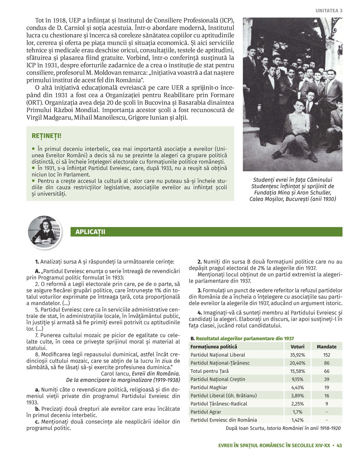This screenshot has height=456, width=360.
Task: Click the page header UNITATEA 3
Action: [329, 11]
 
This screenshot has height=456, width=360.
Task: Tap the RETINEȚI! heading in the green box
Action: [46, 136]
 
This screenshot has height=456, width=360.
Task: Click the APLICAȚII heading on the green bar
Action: [90, 232]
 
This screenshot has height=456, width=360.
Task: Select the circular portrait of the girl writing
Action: [45, 233]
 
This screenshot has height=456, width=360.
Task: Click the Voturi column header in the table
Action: [297, 347]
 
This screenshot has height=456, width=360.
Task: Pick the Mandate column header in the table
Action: [327, 347]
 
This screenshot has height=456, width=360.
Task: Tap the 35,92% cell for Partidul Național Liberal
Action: [297, 355]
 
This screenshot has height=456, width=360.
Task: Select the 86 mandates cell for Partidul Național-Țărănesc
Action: [327, 363]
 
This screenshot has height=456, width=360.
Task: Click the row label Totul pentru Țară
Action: [210, 371]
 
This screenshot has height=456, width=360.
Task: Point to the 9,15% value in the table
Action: [297, 379]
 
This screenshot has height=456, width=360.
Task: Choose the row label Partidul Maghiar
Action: [209, 388]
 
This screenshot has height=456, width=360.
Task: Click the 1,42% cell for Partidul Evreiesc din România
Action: [297, 420]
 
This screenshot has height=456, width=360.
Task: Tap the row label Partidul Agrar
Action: [206, 412]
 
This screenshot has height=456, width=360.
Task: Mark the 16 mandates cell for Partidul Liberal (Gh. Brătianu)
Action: [327, 396]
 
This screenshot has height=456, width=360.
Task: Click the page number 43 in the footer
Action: [339, 446]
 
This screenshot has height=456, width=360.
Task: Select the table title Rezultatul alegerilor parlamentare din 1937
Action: [245, 338]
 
